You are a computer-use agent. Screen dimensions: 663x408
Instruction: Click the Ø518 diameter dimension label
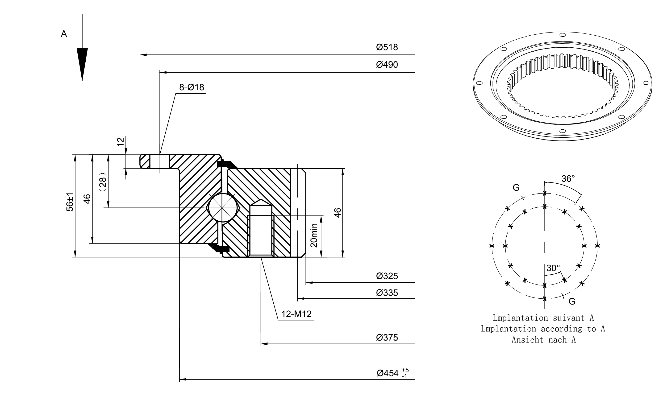(387, 47)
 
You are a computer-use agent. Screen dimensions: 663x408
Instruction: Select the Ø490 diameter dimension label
(387, 65)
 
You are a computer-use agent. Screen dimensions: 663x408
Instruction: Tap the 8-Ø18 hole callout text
(192, 87)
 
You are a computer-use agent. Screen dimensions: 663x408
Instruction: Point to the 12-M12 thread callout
(296, 314)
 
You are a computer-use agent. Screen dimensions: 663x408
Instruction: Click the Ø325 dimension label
(387, 276)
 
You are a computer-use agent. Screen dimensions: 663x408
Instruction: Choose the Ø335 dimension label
(387, 293)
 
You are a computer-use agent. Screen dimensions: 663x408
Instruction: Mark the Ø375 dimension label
(387, 338)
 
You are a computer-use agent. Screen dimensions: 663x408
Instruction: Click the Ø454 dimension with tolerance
(393, 373)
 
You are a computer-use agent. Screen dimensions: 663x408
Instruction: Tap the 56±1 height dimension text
(70, 202)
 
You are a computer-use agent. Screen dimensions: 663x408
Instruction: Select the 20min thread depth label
(314, 235)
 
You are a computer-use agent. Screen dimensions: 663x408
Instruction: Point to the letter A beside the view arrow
(64, 34)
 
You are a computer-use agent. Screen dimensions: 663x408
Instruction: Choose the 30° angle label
(553, 268)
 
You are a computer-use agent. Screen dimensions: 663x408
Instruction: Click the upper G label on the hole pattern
(516, 188)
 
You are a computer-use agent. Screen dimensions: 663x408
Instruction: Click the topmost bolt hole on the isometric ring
(563, 35)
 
